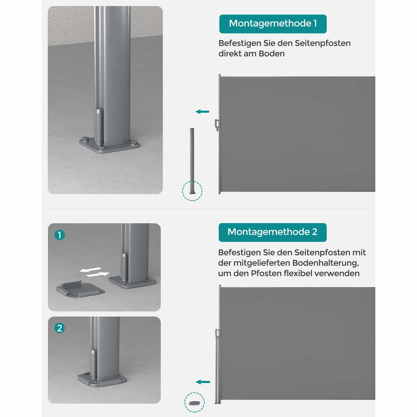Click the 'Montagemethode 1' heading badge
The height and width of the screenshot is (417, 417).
point(273,24)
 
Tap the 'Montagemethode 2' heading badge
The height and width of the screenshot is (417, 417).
point(272,232)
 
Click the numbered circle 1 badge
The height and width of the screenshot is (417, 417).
point(59,235)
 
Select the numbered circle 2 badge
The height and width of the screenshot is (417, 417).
point(59,328)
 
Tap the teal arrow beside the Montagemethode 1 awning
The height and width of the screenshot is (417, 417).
point(202,112)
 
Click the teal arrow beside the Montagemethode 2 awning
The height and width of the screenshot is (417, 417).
point(203,382)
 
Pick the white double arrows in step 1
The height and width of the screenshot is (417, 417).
point(94,272)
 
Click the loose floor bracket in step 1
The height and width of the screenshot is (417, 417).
point(80,290)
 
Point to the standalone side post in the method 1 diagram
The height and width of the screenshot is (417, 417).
point(192,161)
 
